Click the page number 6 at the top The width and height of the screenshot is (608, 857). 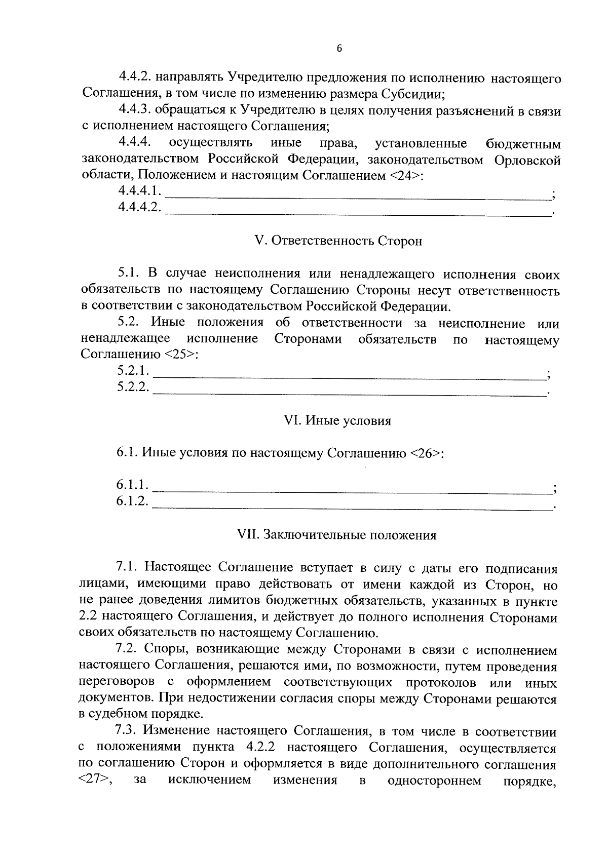pos(339,49)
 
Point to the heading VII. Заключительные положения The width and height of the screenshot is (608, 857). pos(337,535)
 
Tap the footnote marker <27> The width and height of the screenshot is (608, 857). pos(95,781)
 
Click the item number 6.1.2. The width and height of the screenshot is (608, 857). pos(132,501)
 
